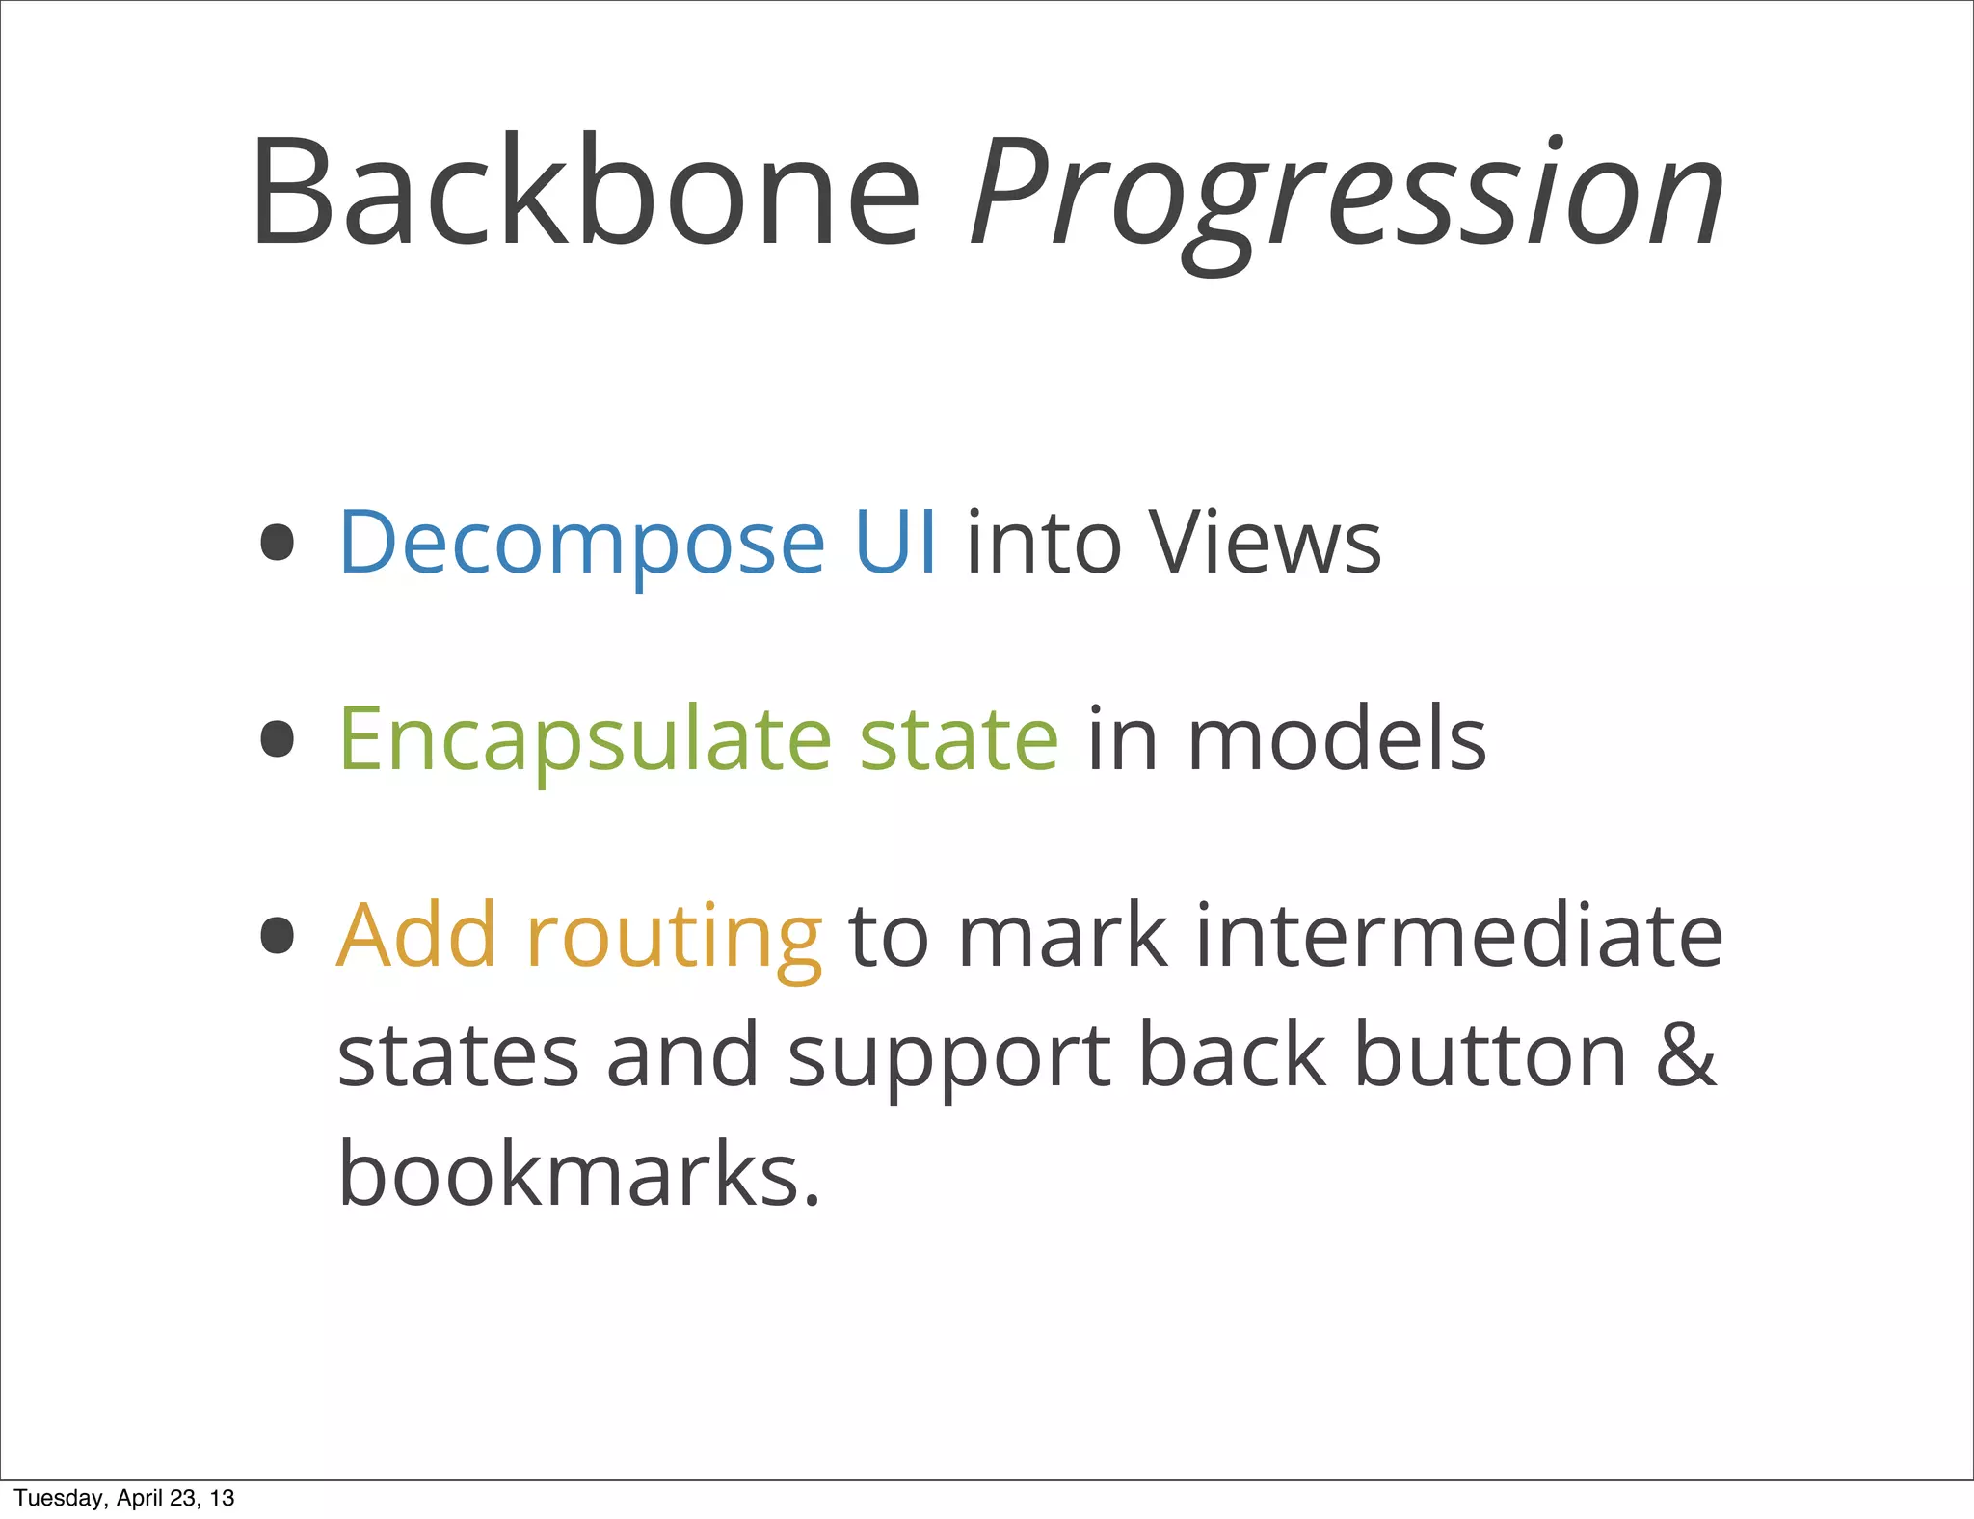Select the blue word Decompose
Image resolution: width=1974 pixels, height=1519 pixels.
pyautogui.click(x=581, y=545)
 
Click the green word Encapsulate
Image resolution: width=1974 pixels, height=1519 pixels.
pyautogui.click(x=585, y=740)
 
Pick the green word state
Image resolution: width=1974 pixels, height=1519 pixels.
pyautogui.click(x=959, y=740)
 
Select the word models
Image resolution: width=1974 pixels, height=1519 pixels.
pyautogui.click(x=1336, y=739)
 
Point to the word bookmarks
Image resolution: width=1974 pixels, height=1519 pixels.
pyautogui.click(x=578, y=1174)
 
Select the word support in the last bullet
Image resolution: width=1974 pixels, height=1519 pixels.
pyautogui.click(x=949, y=1058)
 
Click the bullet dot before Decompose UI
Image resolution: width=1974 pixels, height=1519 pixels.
pyautogui.click(x=278, y=542)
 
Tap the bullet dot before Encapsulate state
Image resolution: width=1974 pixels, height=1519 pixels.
pyautogui.click(x=278, y=739)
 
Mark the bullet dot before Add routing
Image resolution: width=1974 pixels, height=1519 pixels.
pyautogui.click(x=278, y=935)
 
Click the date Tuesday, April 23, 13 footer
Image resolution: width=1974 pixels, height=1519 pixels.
pyautogui.click(x=124, y=1498)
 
